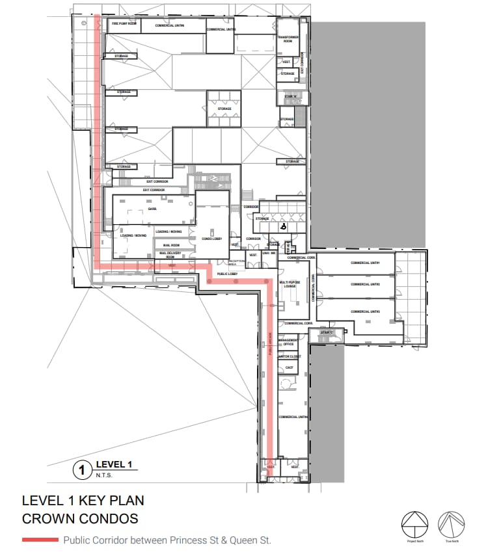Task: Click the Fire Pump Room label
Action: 124,23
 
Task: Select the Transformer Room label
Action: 288,39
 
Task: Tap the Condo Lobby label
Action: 213,239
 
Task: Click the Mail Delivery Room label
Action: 170,255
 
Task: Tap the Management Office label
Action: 288,342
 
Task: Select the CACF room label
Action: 289,367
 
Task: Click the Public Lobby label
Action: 226,274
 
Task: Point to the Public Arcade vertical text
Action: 270,345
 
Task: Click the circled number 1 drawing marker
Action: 82,469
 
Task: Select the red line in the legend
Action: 40,540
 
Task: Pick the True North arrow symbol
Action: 449,521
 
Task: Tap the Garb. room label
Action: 152,209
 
